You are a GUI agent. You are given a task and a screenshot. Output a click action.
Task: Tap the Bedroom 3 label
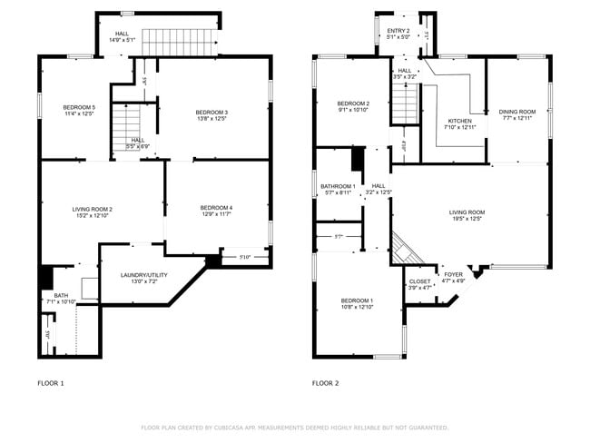click(211, 112)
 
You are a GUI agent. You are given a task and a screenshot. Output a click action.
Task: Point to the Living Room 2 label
click(92, 209)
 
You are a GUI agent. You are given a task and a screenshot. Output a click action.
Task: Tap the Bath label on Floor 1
click(60, 295)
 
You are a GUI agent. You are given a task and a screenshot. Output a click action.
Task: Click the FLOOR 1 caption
click(50, 383)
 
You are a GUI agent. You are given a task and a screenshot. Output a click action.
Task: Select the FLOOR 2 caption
click(325, 383)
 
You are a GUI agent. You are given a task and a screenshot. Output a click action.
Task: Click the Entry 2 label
click(398, 31)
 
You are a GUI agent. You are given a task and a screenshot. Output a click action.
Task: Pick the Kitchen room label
click(460, 121)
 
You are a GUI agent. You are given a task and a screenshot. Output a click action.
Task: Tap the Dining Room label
click(517, 112)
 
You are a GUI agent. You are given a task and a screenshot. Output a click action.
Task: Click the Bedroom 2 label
click(354, 103)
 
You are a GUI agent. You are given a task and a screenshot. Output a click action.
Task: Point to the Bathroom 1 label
click(338, 186)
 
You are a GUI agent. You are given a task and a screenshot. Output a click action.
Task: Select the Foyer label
click(452, 275)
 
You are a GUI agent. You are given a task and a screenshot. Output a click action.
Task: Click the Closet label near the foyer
click(419, 281)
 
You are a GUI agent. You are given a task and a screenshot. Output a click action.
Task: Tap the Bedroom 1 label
click(357, 300)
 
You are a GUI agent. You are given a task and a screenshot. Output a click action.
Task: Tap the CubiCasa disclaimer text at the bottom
click(295, 427)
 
